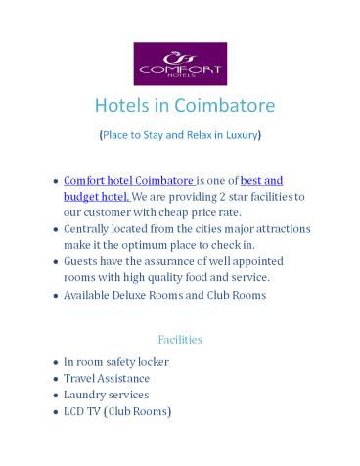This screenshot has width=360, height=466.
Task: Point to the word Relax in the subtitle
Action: (x=197, y=133)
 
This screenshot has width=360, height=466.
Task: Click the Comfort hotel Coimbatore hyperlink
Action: (x=114, y=181)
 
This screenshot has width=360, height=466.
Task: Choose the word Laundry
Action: (x=85, y=395)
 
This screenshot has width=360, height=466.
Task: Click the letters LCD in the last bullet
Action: (x=74, y=411)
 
